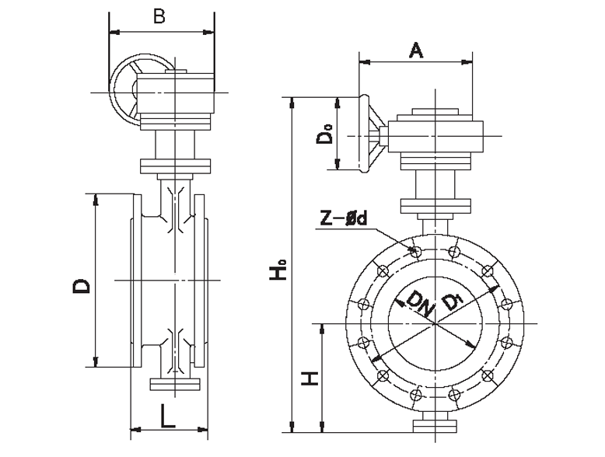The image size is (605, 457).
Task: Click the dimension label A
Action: [x=416, y=51]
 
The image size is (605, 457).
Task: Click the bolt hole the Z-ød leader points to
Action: [x=415, y=250]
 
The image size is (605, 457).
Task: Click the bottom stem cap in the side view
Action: [x=175, y=385]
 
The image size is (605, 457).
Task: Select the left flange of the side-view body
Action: [x=136, y=280]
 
